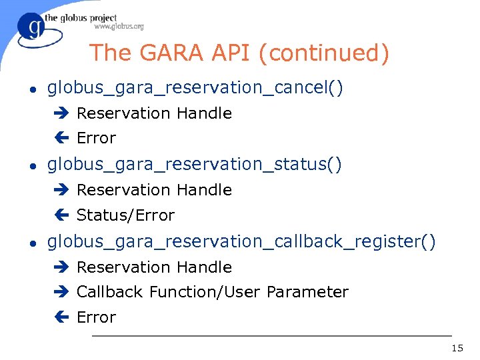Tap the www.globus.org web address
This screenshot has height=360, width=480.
[x=119, y=27]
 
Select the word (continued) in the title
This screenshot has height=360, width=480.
[x=325, y=53]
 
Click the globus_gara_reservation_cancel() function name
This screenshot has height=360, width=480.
[x=195, y=87]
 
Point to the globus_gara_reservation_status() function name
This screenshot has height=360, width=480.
[x=195, y=164]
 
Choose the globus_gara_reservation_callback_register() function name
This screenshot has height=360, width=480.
[x=241, y=241]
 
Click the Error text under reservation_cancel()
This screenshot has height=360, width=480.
[x=96, y=138]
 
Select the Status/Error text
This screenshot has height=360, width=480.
[x=125, y=215]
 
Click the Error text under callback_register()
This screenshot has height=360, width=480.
[x=96, y=317]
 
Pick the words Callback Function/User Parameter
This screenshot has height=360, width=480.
[x=212, y=292]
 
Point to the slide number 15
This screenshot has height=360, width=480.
[x=457, y=348]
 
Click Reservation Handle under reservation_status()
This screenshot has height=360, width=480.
[x=154, y=190]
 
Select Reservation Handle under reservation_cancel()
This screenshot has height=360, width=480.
[x=154, y=113]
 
